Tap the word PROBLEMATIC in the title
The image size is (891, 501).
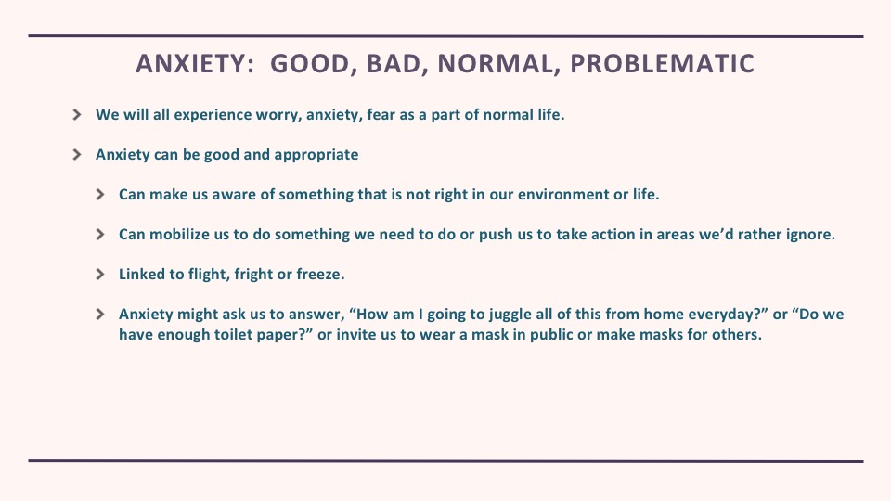click(662, 64)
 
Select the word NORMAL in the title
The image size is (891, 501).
click(495, 64)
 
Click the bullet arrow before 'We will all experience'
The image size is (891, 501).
click(77, 115)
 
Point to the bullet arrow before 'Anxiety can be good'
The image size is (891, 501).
click(77, 155)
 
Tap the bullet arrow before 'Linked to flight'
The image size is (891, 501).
click(100, 275)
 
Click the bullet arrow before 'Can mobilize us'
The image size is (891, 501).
click(100, 235)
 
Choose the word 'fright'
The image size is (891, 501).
click(252, 275)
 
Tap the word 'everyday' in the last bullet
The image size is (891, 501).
click(728, 315)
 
